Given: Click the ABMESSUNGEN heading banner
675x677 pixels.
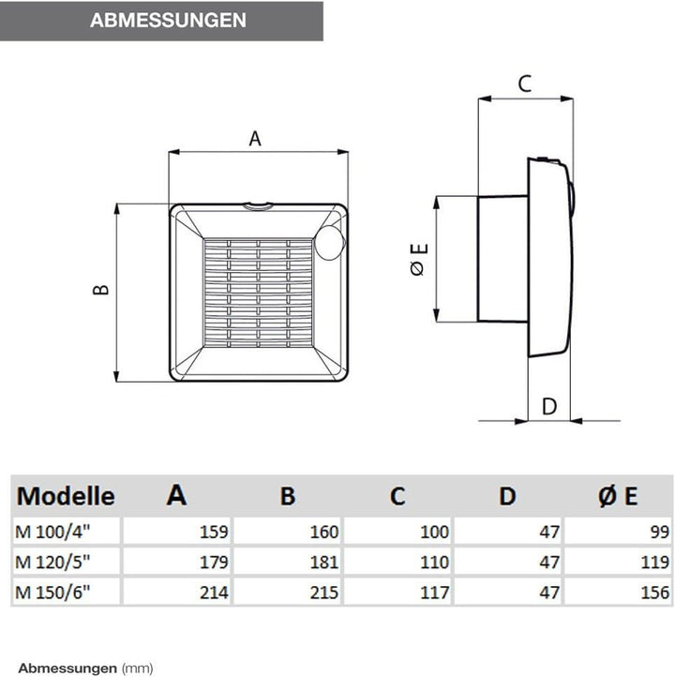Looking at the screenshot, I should [x=161, y=21].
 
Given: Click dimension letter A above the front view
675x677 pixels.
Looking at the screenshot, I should [x=255, y=139].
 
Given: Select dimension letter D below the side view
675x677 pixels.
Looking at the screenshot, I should [x=550, y=406].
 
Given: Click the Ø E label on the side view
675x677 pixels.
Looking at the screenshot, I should [x=419, y=259].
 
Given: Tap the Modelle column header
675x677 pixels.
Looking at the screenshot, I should [x=66, y=495].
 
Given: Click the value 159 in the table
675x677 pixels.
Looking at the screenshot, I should [x=213, y=532].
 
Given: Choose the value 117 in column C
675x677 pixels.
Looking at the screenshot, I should [x=435, y=593].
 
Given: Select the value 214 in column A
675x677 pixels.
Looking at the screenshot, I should [x=213, y=593].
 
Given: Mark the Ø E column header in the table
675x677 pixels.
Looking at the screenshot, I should [x=618, y=496].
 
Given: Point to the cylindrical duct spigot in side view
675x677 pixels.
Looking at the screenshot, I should [x=502, y=258].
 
